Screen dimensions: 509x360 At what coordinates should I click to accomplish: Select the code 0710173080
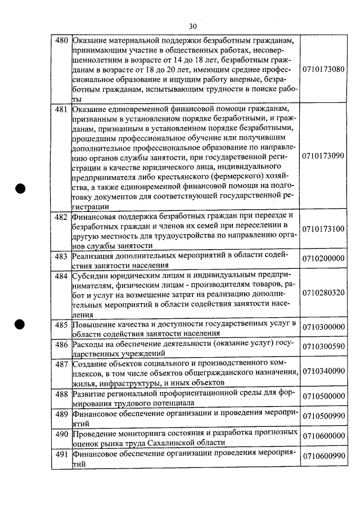pos(323,70)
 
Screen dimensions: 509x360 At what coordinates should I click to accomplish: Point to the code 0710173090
pos(323,155)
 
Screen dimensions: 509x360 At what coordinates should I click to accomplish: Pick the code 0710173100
pos(323,229)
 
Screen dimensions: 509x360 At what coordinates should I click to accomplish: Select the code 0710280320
pos(323,293)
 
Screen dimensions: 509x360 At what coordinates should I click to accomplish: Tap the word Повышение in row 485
pos(93,325)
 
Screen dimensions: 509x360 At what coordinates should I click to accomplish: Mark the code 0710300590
pos(323,346)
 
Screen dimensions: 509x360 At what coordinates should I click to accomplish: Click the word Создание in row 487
pos(91,364)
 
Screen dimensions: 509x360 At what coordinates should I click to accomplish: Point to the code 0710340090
pos(323,372)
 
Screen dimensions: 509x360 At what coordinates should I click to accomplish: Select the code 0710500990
pos(323,417)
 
